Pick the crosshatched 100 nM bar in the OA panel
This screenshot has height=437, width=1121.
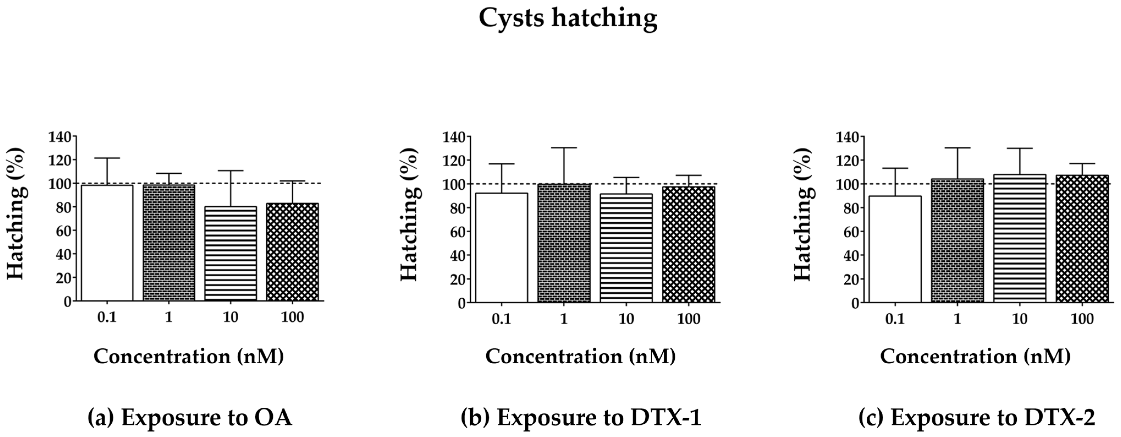coord(292,252)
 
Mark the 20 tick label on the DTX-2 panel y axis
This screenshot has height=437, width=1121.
coord(851,279)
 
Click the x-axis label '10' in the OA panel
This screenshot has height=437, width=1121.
coord(231,318)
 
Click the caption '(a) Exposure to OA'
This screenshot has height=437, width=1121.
coord(190,417)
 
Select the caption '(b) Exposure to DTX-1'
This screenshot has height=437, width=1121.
coord(581,417)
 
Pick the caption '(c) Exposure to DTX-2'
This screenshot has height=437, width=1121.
coord(976,417)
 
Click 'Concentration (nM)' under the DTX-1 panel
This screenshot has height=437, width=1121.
coord(581,356)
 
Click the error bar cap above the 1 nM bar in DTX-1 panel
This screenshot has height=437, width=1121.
coord(564,148)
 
